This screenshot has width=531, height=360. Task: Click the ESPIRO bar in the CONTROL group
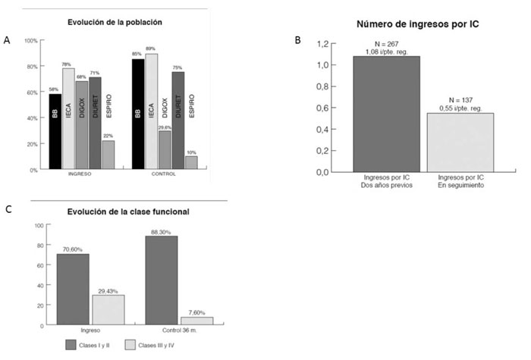coord(192,162)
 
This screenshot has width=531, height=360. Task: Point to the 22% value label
coord(109,135)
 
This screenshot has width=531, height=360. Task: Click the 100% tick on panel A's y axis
coord(31,40)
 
